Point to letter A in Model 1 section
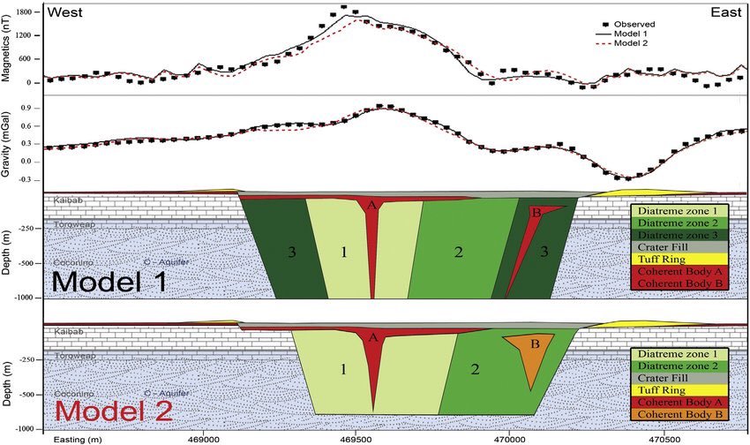point(371,205)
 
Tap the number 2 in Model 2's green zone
point(475,370)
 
